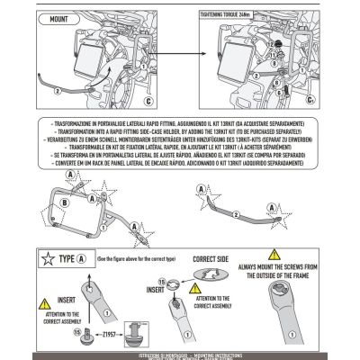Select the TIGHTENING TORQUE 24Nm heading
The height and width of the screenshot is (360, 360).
(230, 16)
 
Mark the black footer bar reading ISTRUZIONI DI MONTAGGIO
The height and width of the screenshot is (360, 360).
(180, 355)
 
